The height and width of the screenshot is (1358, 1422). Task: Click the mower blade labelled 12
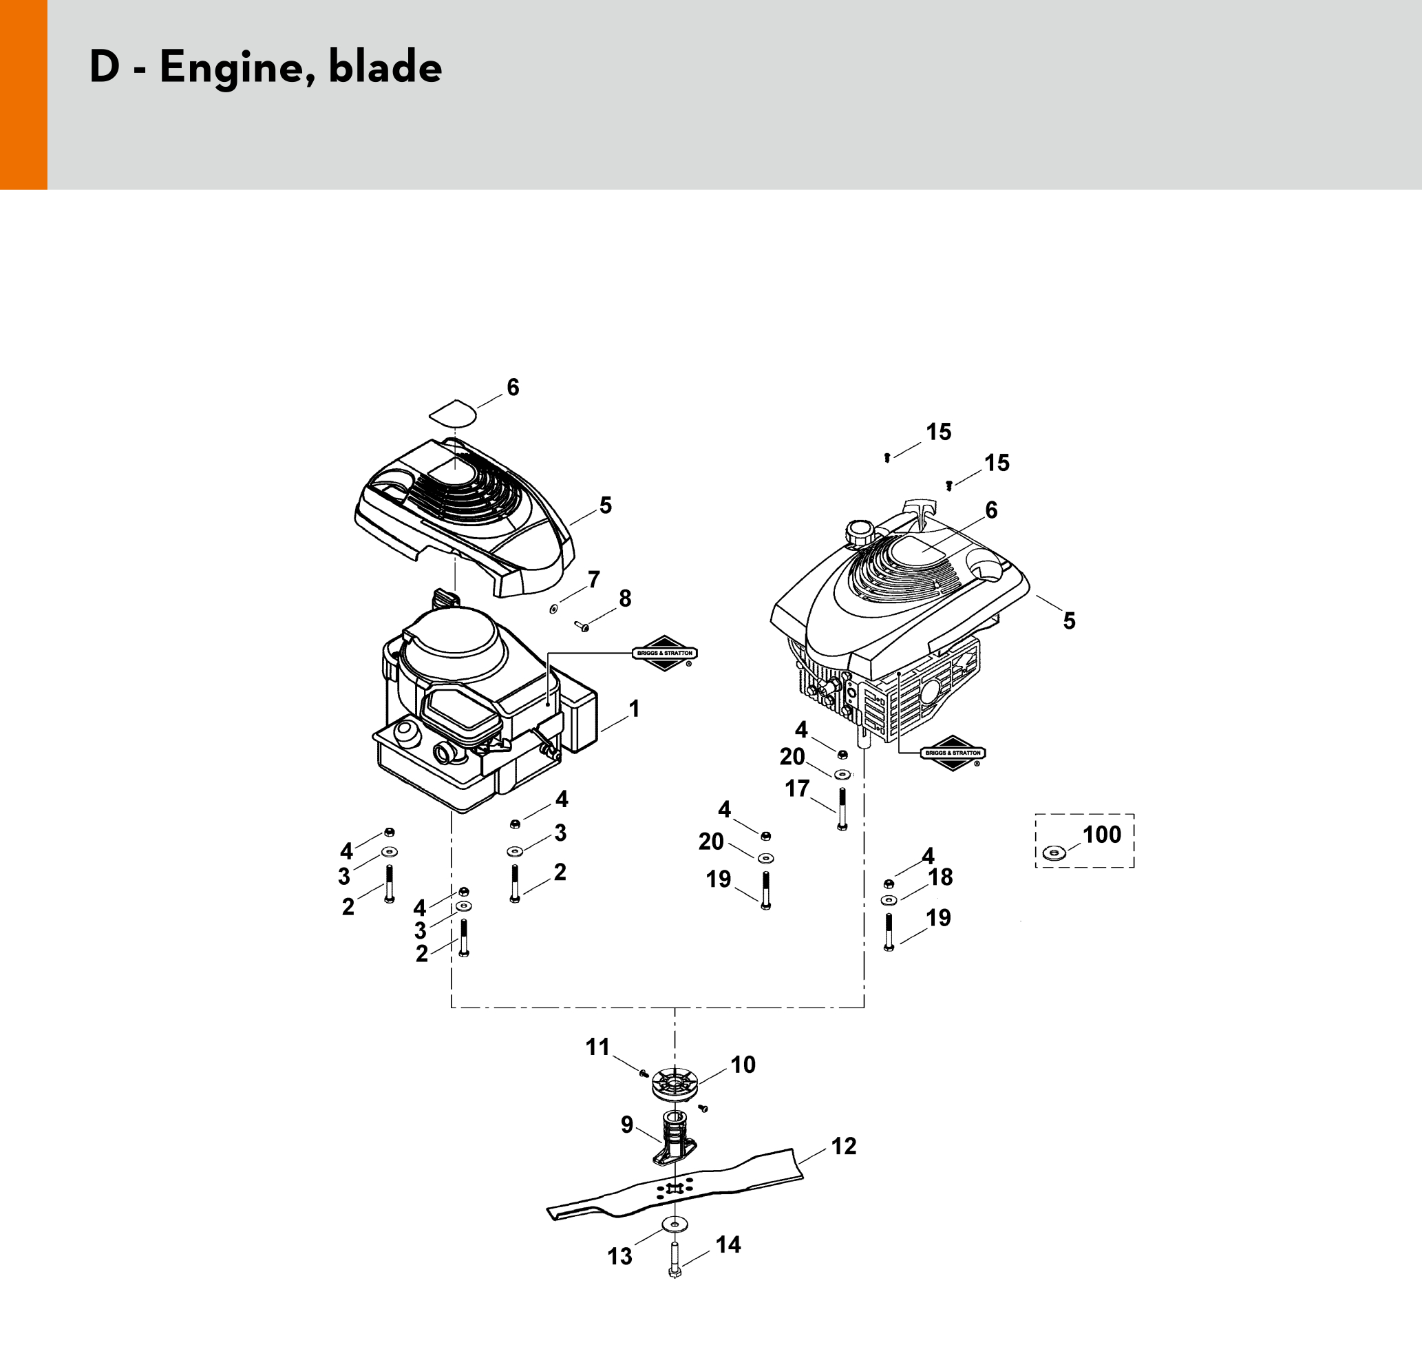click(x=675, y=1188)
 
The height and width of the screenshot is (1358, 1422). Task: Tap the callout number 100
click(x=1101, y=835)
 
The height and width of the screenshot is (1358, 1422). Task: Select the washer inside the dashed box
click(x=1054, y=854)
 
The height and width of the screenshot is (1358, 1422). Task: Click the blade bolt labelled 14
click(x=675, y=1260)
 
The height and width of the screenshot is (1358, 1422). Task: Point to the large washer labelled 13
click(x=675, y=1225)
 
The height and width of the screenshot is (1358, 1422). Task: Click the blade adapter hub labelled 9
click(x=674, y=1142)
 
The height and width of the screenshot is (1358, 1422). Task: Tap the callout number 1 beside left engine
click(x=634, y=709)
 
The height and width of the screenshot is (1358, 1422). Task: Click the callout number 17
click(x=798, y=788)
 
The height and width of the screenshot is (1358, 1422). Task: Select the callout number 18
click(x=940, y=877)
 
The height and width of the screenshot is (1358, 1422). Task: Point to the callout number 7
click(x=593, y=580)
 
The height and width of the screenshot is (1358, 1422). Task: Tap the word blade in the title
click(x=385, y=67)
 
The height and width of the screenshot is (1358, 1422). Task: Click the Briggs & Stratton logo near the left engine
click(x=664, y=653)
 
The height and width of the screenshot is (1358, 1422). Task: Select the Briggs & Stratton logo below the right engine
click(x=953, y=753)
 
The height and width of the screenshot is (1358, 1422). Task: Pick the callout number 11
click(x=597, y=1047)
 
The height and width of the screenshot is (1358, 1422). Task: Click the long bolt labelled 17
click(x=842, y=808)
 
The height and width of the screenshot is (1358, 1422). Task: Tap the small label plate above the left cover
click(x=453, y=412)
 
